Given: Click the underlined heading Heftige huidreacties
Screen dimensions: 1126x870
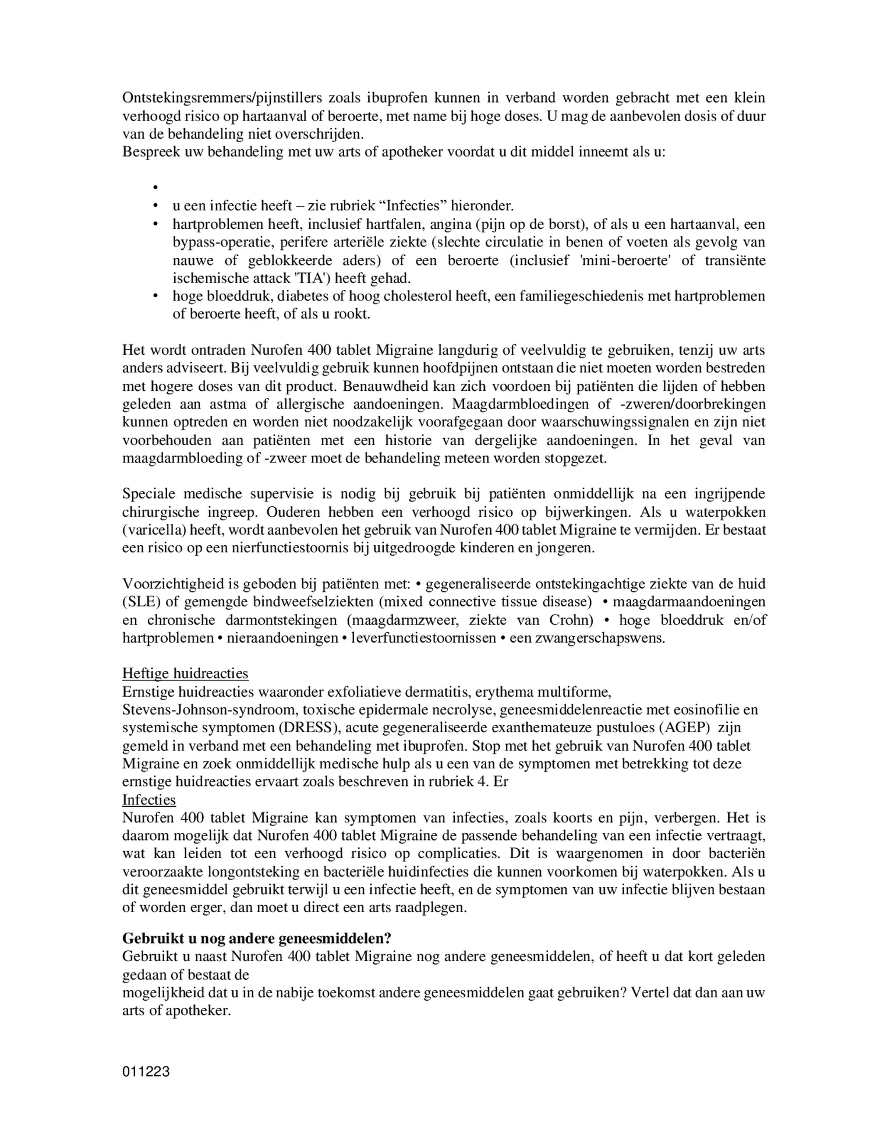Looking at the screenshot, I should click(x=185, y=674).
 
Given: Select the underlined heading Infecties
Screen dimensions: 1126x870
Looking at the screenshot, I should click(x=149, y=800).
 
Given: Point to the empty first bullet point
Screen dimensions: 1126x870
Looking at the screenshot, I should click(x=156, y=188).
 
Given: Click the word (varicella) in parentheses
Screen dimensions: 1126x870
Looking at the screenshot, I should click(x=153, y=531).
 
